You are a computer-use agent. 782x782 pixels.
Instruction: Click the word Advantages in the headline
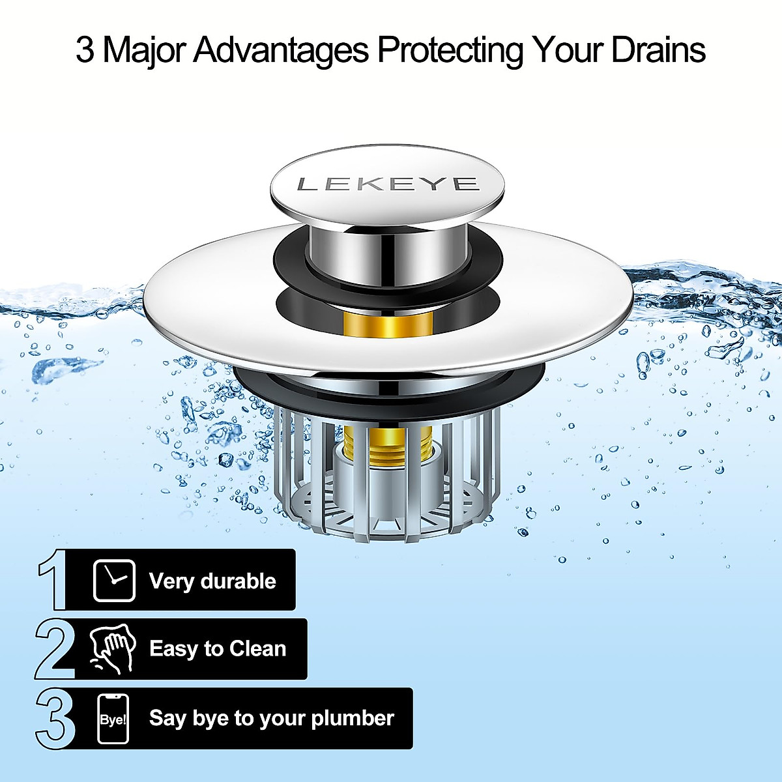[281, 50]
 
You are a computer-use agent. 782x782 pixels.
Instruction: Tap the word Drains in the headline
[658, 50]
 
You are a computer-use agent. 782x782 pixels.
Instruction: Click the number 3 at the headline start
[85, 50]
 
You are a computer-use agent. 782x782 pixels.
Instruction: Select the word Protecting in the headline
[450, 50]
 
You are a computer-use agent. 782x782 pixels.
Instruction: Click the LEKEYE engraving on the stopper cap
[388, 184]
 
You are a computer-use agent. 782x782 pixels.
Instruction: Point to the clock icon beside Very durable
[114, 580]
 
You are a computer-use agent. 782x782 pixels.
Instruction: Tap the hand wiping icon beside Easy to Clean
[113, 648]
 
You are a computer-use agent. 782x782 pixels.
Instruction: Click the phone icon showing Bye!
[113, 719]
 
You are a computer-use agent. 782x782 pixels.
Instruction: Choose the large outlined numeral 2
[55, 649]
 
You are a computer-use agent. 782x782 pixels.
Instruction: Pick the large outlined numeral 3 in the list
[55, 719]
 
